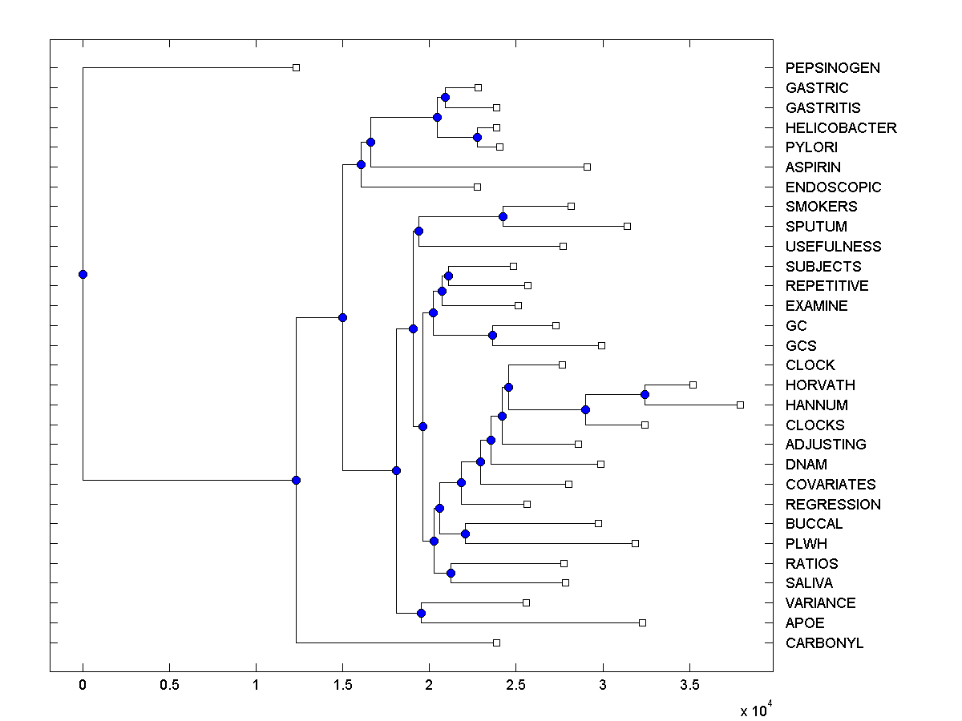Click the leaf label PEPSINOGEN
pyautogui.click(x=832, y=68)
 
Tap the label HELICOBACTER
pyautogui.click(x=841, y=128)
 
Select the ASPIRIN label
pyautogui.click(x=813, y=167)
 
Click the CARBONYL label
pyautogui.click(x=824, y=643)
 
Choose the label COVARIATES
pyautogui.click(x=831, y=485)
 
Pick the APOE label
pyautogui.click(x=805, y=623)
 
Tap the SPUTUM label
pyautogui.click(x=816, y=227)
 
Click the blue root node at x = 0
pyautogui.click(x=83, y=274)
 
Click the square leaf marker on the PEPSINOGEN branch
pyautogui.click(x=296, y=67)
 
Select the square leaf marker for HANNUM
pyautogui.click(x=740, y=405)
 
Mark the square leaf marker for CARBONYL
pyautogui.click(x=496, y=642)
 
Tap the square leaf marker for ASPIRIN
pyautogui.click(x=587, y=167)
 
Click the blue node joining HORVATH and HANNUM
pyautogui.click(x=645, y=394)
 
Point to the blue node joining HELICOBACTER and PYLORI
pyautogui.click(x=477, y=137)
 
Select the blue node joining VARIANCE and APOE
pyautogui.click(x=421, y=613)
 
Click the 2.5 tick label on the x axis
pyautogui.click(x=515, y=686)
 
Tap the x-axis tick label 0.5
pyautogui.click(x=169, y=686)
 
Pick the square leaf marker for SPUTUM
pyautogui.click(x=627, y=226)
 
